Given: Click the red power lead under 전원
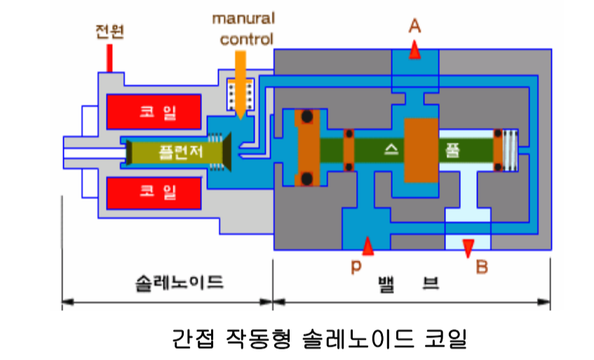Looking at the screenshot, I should point(109,58).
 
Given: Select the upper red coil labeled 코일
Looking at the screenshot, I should point(156,112).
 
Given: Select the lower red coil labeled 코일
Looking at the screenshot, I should point(156,191).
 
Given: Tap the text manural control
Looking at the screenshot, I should point(243,27).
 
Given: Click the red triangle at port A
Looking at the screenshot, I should point(415,51).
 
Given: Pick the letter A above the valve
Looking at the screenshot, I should point(415,26).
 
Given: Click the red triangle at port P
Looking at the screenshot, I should point(367,245).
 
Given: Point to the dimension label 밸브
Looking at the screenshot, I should point(408,283).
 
